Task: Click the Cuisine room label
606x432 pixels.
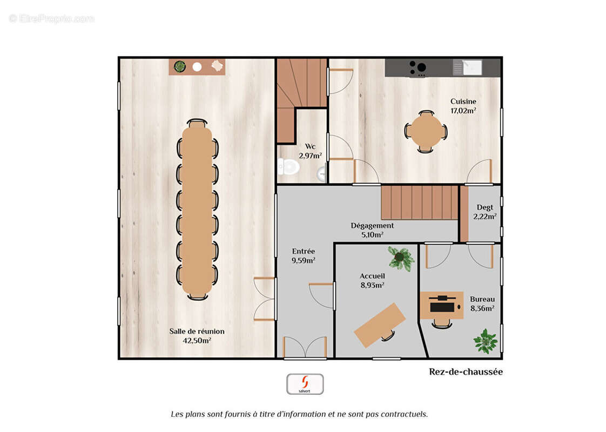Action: pos(463,102)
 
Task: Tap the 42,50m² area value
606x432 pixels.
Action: pos(197,341)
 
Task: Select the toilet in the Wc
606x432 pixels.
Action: pos(289,166)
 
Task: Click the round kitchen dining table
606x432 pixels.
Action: pos(426,131)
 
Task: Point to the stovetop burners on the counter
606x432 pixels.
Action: pos(417,68)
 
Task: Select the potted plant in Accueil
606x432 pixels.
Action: pos(400,258)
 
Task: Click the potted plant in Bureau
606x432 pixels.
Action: pos(485,341)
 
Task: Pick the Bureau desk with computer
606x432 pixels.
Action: pos(442,306)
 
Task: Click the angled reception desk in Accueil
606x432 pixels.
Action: pos(380,324)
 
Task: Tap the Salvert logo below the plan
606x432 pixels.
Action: pos(305,384)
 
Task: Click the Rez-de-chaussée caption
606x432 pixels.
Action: pos(466,372)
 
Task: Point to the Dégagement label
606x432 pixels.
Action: pos(372,226)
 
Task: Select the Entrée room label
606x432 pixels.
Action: pos(304,251)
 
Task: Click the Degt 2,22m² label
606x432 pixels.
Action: pos(484,212)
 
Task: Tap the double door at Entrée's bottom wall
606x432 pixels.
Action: pos(305,347)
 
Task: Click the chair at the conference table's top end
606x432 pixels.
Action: pos(197,123)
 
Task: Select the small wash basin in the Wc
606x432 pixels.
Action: pos(322,173)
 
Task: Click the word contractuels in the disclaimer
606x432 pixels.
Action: pos(404,414)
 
